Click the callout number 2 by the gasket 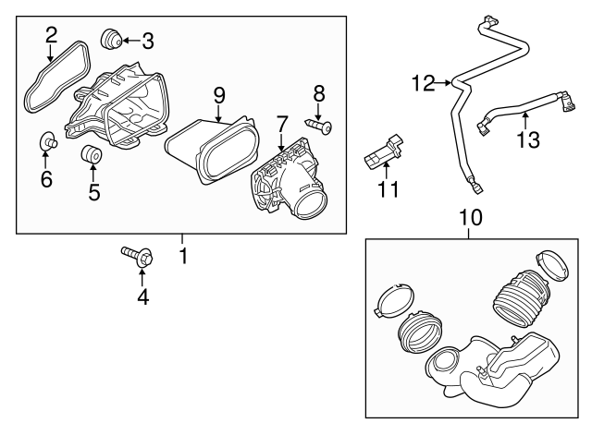tap(52, 35)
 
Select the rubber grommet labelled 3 tap(111, 39)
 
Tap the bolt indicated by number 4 tap(138, 257)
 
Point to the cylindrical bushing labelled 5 tap(92, 154)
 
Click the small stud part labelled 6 tap(48, 141)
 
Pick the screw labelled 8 tap(318, 126)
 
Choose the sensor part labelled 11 tap(383, 151)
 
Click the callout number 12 tap(424, 83)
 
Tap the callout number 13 tap(528, 139)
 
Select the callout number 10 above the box tap(471, 218)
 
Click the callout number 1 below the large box tap(183, 256)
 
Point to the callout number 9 tap(219, 95)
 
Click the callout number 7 tap(281, 124)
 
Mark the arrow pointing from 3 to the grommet tap(130, 41)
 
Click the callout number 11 tap(388, 189)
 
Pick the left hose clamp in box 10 tap(393, 299)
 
